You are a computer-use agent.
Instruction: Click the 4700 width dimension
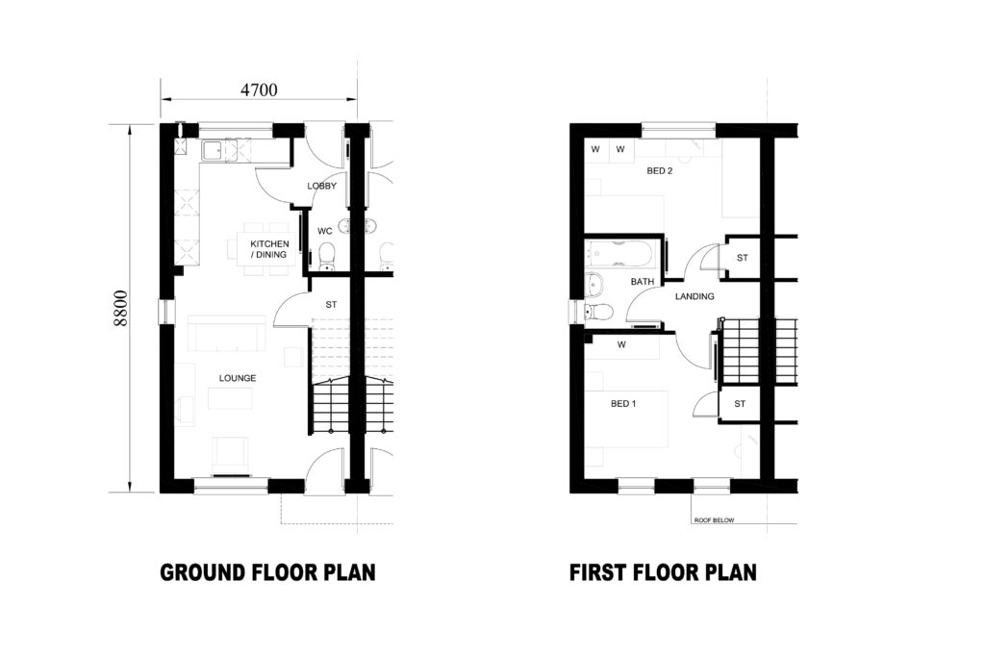pyautogui.click(x=258, y=90)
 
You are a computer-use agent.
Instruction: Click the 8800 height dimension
pyautogui.click(x=121, y=309)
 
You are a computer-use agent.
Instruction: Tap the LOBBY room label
pyautogui.click(x=320, y=186)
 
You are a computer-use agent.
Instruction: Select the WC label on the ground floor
pyautogui.click(x=324, y=230)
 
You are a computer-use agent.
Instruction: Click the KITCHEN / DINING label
pyautogui.click(x=268, y=248)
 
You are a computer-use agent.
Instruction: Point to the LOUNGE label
pyautogui.click(x=238, y=378)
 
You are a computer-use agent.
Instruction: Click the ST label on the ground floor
pyautogui.click(x=331, y=304)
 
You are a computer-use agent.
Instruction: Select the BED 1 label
pyautogui.click(x=623, y=404)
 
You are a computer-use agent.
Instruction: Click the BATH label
pyautogui.click(x=642, y=282)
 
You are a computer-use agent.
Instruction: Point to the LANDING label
pyautogui.click(x=694, y=296)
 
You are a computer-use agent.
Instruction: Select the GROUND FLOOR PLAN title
pyautogui.click(x=267, y=573)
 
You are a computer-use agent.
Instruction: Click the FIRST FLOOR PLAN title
pyautogui.click(x=663, y=573)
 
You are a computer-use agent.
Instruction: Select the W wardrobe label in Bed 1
pyautogui.click(x=622, y=343)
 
